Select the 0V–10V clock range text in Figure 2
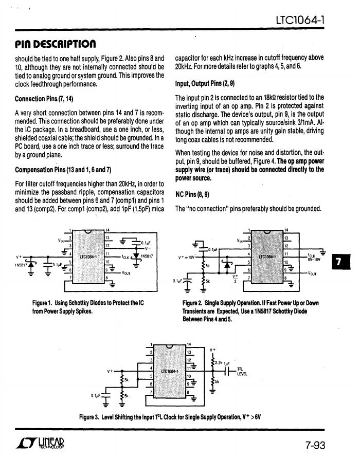pyautogui.click(x=315, y=260)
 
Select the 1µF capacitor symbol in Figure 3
pyautogui.click(x=227, y=371)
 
